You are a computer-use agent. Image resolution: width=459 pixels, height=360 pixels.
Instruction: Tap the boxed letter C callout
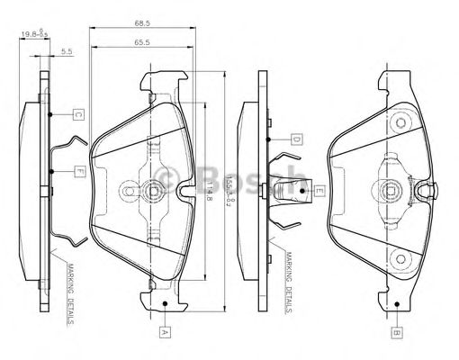tap(78, 114)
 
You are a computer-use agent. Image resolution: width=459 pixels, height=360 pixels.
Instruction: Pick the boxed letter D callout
tap(295, 139)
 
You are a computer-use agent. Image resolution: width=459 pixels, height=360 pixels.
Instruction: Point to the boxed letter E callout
tap(319, 191)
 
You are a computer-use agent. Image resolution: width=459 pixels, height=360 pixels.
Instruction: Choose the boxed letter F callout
tap(79, 171)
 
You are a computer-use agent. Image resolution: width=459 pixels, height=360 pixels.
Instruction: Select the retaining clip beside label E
tap(288, 192)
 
